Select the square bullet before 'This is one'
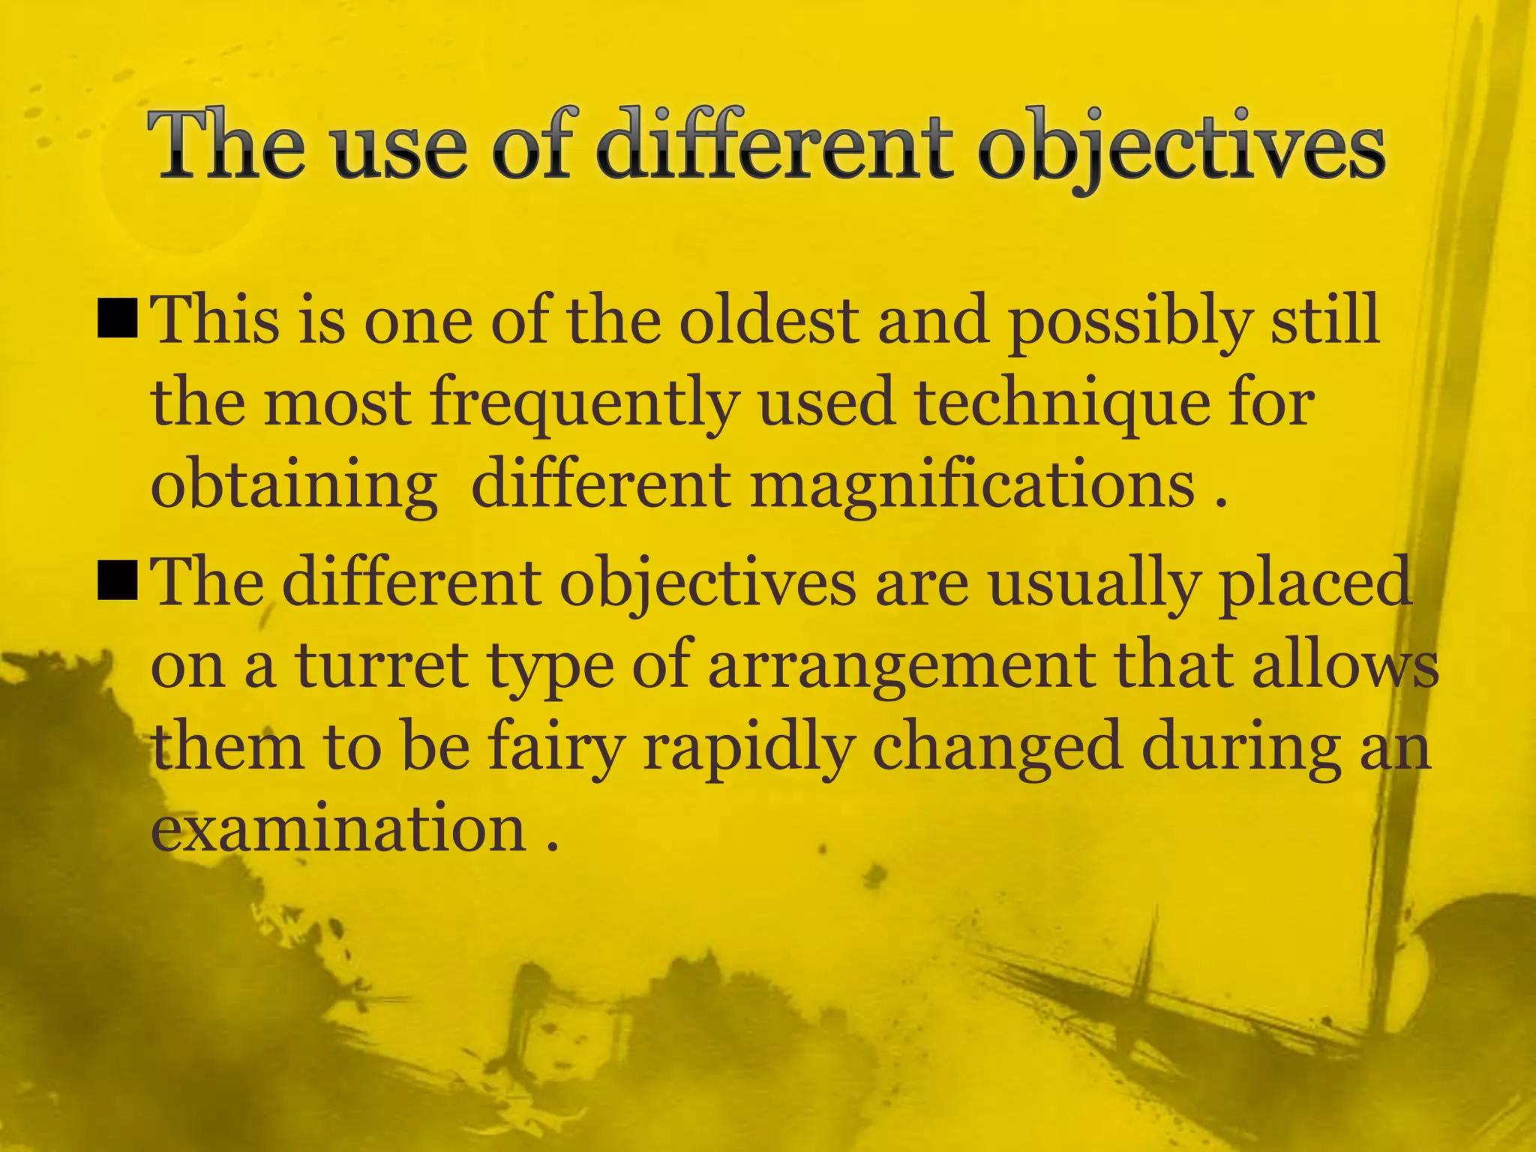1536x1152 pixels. coord(117,316)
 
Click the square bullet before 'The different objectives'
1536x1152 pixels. coord(117,581)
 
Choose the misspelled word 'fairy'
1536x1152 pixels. coord(556,750)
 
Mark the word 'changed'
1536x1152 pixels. coord(997,750)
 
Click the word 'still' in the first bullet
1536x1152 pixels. coord(1324,320)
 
